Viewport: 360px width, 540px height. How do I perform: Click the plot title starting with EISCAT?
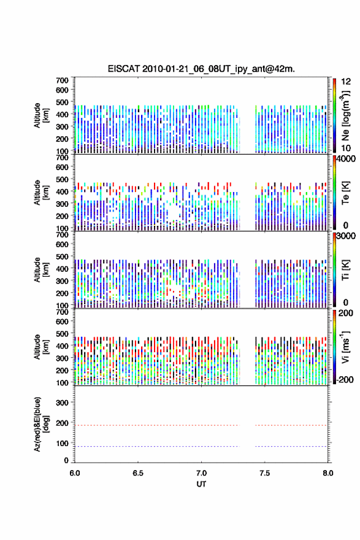point(201,69)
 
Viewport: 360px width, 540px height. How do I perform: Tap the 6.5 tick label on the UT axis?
point(138,473)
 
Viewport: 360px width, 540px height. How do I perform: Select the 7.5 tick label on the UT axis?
point(264,473)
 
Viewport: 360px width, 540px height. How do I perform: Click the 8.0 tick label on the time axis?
point(328,473)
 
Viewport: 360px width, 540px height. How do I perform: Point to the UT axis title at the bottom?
point(201,484)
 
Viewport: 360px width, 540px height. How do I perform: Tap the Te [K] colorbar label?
point(345,193)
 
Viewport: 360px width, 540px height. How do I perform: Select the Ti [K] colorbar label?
point(345,270)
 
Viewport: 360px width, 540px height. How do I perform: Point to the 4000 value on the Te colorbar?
point(346,160)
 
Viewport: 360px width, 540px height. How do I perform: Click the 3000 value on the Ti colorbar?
point(346,236)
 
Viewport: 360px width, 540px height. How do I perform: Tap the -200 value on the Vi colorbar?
point(345,379)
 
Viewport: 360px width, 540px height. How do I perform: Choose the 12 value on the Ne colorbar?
point(346,82)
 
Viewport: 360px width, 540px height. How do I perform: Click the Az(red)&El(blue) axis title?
point(40,424)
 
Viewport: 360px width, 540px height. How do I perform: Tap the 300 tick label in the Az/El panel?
point(62,403)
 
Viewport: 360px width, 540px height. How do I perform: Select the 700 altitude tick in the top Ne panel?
point(62,80)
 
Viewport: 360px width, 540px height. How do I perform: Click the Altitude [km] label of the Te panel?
point(40,193)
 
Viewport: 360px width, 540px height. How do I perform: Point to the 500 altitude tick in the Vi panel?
point(62,334)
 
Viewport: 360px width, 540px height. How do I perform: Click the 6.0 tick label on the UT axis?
point(75,473)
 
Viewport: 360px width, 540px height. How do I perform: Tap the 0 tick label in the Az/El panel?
point(66,460)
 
